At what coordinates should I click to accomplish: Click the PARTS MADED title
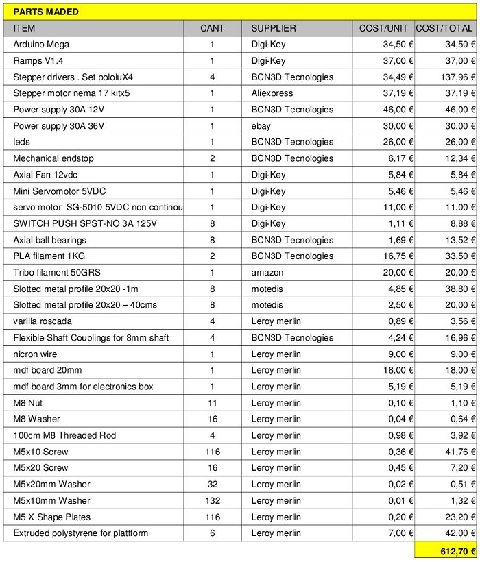(46, 12)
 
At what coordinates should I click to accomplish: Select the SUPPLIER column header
(274, 28)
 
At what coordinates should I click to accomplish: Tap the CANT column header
(213, 28)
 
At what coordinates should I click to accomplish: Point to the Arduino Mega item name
(41, 45)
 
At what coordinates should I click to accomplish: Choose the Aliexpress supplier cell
(272, 93)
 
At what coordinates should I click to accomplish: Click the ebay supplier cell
(261, 126)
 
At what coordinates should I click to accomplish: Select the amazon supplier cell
(267, 273)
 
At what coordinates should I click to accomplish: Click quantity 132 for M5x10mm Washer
(213, 501)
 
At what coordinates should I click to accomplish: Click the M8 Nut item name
(28, 403)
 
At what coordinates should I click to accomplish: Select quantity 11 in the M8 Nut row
(213, 403)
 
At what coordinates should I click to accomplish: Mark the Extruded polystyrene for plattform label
(81, 533)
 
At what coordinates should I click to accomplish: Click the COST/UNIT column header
(383, 28)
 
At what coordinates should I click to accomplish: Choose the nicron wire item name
(35, 354)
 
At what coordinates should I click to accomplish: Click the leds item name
(22, 142)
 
